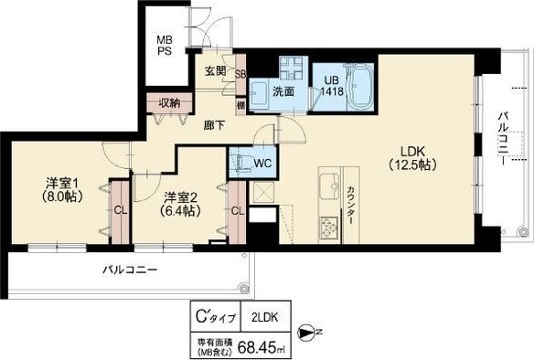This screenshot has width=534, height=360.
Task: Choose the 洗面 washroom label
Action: (x=283, y=90)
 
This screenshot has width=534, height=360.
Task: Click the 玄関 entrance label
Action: (x=216, y=72)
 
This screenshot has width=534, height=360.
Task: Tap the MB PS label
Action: (x=164, y=46)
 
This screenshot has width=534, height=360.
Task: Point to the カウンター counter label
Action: (x=352, y=206)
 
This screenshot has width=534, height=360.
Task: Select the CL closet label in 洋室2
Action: (x=237, y=211)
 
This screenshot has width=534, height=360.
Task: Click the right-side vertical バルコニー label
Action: (x=503, y=137)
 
